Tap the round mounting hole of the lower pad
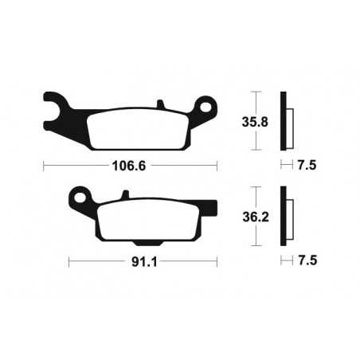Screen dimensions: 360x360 79,195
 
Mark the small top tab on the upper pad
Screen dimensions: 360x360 161,104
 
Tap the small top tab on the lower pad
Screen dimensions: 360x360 125,194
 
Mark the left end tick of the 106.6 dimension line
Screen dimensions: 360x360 43,166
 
